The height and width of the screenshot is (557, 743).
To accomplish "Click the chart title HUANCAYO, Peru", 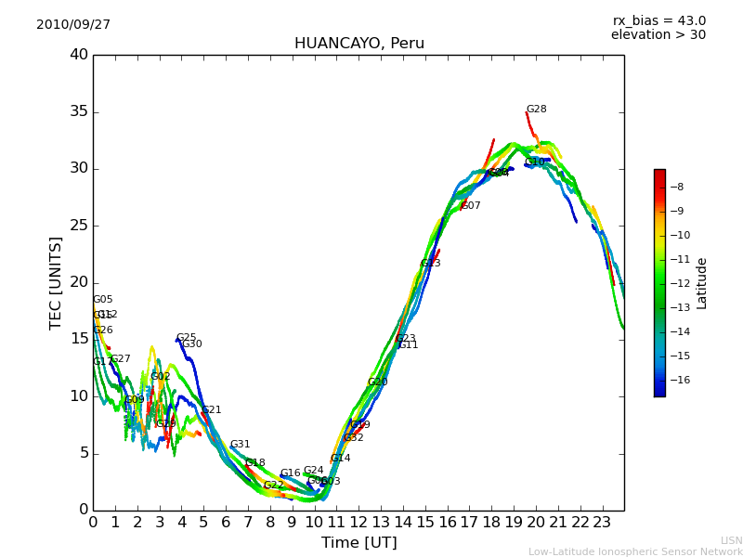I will [358, 44].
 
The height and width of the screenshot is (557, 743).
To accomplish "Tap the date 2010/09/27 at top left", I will [73, 24].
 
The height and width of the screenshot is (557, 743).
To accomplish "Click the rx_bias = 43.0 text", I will [658, 20].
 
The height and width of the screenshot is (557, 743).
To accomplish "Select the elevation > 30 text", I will [658, 35].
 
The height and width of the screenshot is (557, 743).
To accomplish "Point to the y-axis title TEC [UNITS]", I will [57, 282].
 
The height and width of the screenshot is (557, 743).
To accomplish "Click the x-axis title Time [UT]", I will [358, 542].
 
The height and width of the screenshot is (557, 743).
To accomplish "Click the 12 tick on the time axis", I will [358, 522].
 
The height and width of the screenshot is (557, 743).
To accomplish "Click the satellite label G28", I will [537, 110].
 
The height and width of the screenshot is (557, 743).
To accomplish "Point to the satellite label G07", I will [471, 206].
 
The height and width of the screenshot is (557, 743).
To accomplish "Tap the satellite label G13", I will [431, 264].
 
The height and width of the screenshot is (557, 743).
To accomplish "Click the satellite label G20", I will [378, 382].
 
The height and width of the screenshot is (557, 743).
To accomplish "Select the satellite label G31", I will [241, 445].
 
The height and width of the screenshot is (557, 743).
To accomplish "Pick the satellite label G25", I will [187, 338].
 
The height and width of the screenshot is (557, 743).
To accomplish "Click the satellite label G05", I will [103, 300].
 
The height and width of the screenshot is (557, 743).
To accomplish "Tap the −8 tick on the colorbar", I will [678, 187].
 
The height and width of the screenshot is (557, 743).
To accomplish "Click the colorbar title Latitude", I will [702, 283].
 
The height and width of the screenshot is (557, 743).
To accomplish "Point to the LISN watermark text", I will [731, 540].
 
